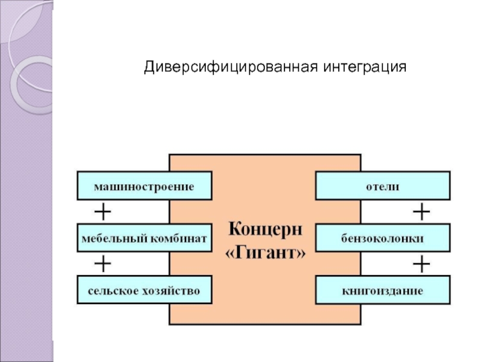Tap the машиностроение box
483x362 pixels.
click(145, 185)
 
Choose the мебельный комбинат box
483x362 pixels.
click(145, 238)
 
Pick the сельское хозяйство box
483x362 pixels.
click(145, 290)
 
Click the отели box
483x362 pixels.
click(383, 185)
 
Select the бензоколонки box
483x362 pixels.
click(383, 238)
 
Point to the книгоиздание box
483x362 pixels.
click(383, 290)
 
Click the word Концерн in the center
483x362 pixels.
click(266, 230)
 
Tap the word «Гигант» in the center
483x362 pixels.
click(266, 253)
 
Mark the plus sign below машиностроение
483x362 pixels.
click(103, 212)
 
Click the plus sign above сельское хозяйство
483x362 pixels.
click(103, 264)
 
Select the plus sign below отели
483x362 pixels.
click(421, 212)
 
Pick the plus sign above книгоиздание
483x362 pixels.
click(421, 264)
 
